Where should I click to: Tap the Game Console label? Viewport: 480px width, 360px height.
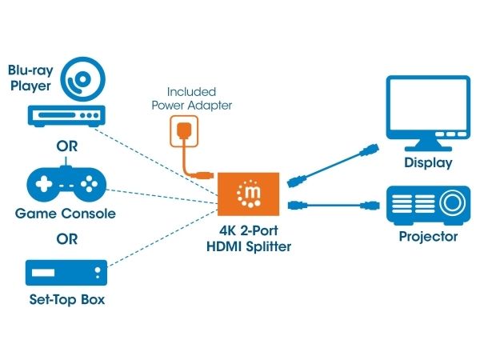coord(66,214)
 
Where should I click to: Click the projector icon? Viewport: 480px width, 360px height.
coord(428,204)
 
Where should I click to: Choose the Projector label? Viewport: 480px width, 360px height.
coord(428,237)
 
